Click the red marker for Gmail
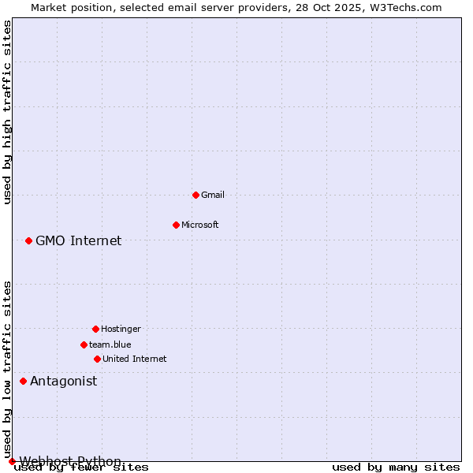196,195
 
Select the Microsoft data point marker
176,225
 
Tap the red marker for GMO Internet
28,240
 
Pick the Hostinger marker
95,329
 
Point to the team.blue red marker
84,345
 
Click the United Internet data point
97,359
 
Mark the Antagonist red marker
23,381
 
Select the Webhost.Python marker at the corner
12,461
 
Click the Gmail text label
213,195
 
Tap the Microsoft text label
200,225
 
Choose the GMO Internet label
79,240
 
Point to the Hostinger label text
121,329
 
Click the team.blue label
110,345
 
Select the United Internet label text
135,359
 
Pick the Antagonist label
64,381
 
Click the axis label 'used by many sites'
396,467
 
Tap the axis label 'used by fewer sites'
81,467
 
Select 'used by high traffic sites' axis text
8,112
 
